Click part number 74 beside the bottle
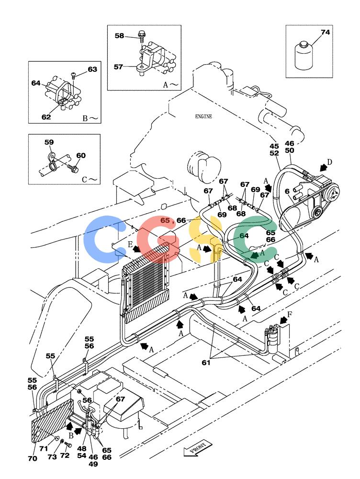coord(325,32)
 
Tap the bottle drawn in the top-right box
coord(304,56)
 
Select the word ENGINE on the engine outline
coord(203,116)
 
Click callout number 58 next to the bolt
coord(119,36)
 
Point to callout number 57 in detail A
coord(118,67)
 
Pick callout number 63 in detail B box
coord(92,69)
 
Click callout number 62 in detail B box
coord(46,117)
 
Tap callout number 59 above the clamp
coord(49,142)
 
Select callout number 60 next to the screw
coord(81,156)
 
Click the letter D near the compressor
coord(329,162)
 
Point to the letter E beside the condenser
coord(130,244)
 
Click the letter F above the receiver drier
coord(290,314)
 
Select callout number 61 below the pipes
coord(206,363)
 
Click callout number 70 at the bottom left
coord(33,458)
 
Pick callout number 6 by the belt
coord(287,192)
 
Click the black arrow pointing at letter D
coord(323,167)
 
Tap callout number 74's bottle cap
coord(304,45)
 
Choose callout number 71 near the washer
coord(44,448)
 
